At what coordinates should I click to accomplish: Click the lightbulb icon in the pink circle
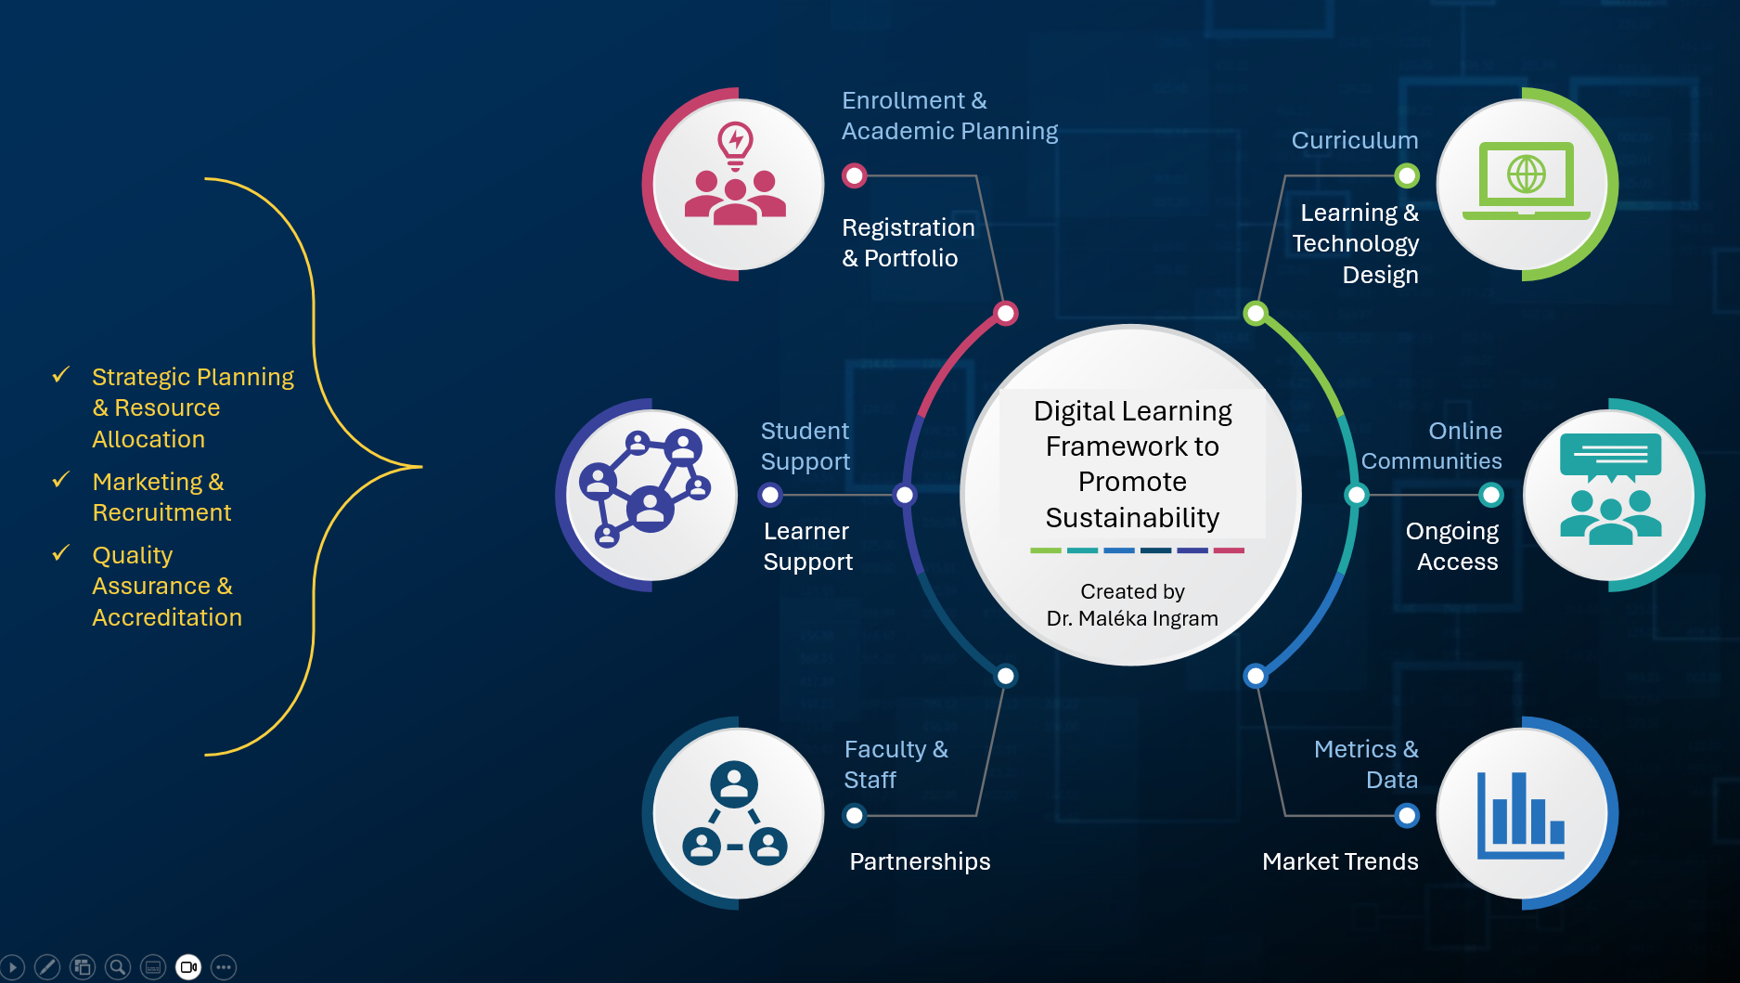[735, 145]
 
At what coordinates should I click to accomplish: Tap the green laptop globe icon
[1526, 177]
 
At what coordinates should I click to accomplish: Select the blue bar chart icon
[1521, 814]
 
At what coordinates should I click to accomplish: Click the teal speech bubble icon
[1610, 456]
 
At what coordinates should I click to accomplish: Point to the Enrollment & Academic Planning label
[948, 116]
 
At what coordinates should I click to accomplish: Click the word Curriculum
[1354, 140]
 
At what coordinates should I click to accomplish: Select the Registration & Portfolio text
[908, 243]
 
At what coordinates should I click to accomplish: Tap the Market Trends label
[1339, 861]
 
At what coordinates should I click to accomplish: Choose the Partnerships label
[920, 861]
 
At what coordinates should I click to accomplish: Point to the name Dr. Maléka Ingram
[1131, 618]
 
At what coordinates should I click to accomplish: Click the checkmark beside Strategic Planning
[61, 375]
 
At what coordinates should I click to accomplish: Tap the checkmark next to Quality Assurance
[61, 553]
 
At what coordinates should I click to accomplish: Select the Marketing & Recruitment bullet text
[161, 497]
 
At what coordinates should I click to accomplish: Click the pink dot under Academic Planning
[854, 175]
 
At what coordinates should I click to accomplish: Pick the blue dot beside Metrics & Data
[1407, 815]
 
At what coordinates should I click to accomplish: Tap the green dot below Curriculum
[1407, 175]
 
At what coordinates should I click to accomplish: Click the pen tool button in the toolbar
[47, 967]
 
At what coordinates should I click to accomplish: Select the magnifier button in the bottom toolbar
[118, 967]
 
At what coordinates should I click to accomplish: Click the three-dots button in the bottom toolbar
[224, 967]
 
